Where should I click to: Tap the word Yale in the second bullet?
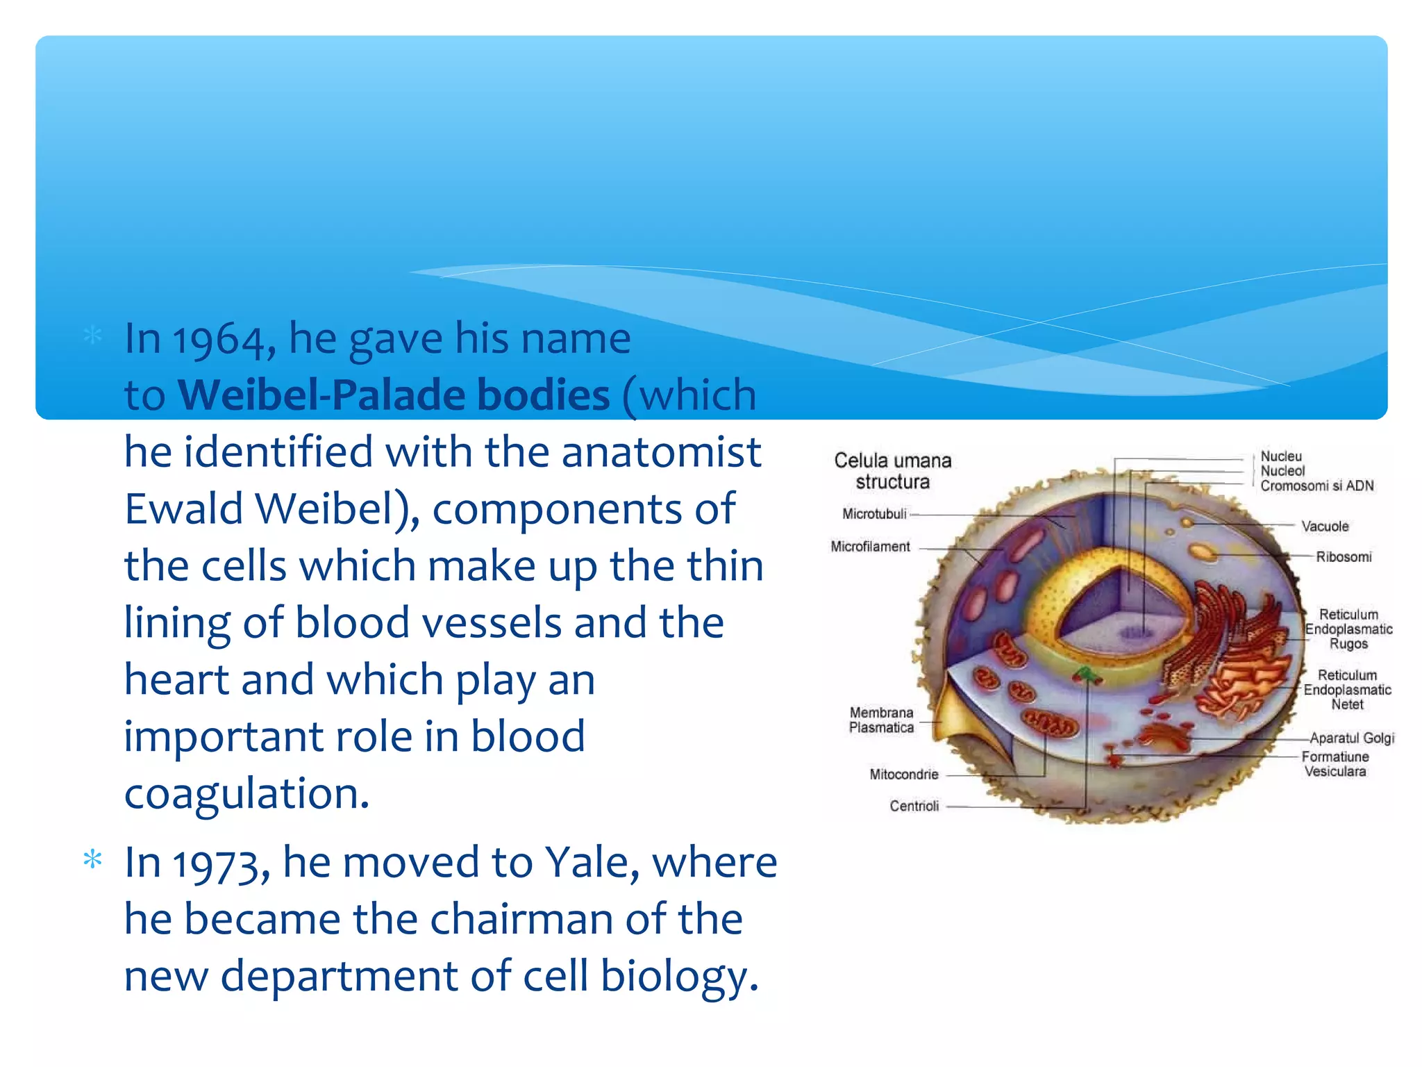pos(592,863)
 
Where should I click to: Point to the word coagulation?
pos(246,794)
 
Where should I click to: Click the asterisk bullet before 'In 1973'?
pos(92,861)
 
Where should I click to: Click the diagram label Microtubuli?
pos(874,514)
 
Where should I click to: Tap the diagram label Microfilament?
pos(870,547)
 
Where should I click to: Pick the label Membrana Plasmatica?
pos(881,720)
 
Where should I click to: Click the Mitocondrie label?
pos(903,775)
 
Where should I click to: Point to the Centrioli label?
pos(914,807)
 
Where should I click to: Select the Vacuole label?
pos(1324,527)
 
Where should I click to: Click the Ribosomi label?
pos(1344,557)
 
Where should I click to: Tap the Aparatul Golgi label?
pos(1352,738)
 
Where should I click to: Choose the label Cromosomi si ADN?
pos(1316,486)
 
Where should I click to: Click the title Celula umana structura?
pos(892,471)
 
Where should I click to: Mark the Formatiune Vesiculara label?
pos(1335,764)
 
